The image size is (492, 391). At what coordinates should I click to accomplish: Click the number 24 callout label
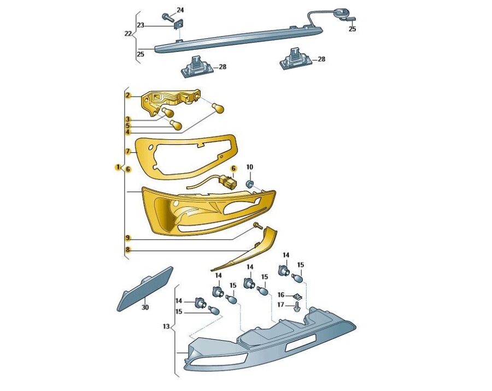[x=180, y=10]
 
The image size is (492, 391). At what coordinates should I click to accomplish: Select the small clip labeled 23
[x=179, y=24]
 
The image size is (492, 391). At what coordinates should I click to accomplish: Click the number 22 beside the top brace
[x=128, y=33]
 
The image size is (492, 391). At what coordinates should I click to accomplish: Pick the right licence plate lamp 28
[x=295, y=58]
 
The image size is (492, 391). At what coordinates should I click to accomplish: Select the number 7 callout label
[x=128, y=151]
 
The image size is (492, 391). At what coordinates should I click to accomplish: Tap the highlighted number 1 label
[x=118, y=167]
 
